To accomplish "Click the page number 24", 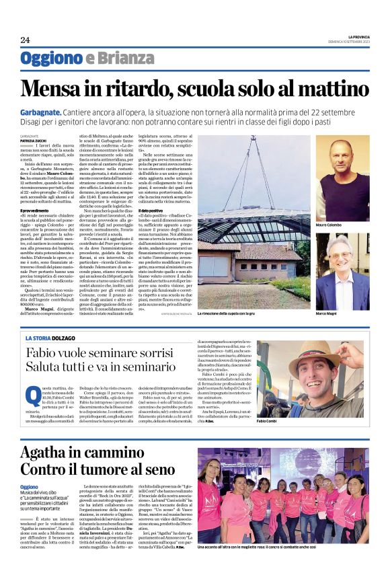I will [x=25, y=40].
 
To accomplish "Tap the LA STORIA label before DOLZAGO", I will [x=40, y=337].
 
